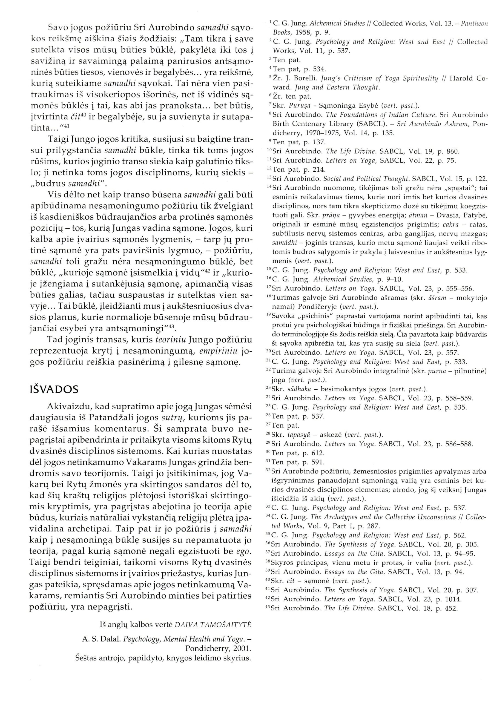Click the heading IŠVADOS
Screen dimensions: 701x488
coord(54,390)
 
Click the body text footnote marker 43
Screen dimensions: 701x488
coord(171,327)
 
